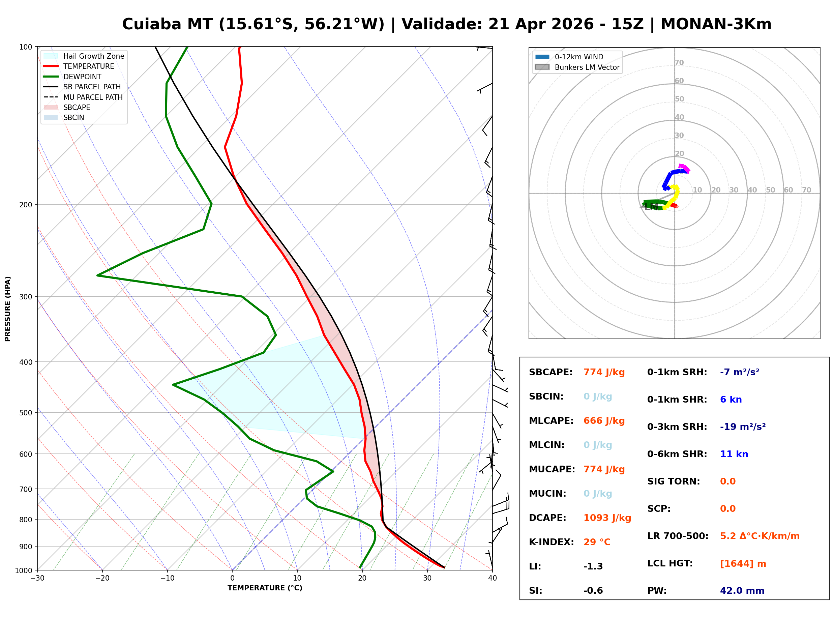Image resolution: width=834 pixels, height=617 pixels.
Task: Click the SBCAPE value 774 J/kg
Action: [x=604, y=372]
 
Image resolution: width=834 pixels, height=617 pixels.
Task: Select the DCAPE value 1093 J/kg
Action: [x=607, y=518]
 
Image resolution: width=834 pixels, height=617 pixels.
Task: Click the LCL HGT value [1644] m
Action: [x=743, y=564]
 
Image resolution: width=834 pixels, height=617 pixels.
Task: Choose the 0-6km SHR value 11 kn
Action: [x=734, y=454]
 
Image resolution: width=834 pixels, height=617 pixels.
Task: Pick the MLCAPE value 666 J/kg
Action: [x=604, y=421]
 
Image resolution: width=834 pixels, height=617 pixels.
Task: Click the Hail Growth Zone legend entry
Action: [x=93, y=56]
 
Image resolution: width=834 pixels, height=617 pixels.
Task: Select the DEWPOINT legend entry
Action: [x=82, y=77]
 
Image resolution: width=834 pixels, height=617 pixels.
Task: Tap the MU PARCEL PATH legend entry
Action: [x=93, y=97]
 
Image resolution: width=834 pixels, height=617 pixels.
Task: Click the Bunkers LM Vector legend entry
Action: [x=587, y=67]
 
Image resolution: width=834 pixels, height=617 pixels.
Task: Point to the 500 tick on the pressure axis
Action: [x=25, y=413]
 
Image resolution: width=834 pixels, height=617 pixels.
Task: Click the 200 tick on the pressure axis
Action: [x=25, y=205]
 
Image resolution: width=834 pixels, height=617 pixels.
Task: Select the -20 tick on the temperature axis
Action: [x=102, y=579]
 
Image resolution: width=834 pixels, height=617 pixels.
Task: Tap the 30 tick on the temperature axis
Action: [x=427, y=579]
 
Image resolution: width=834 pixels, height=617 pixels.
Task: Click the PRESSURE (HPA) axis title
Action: [x=8, y=309]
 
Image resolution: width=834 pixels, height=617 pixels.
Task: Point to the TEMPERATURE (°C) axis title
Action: [x=265, y=588]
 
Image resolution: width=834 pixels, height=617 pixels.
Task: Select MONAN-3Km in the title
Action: [x=716, y=24]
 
